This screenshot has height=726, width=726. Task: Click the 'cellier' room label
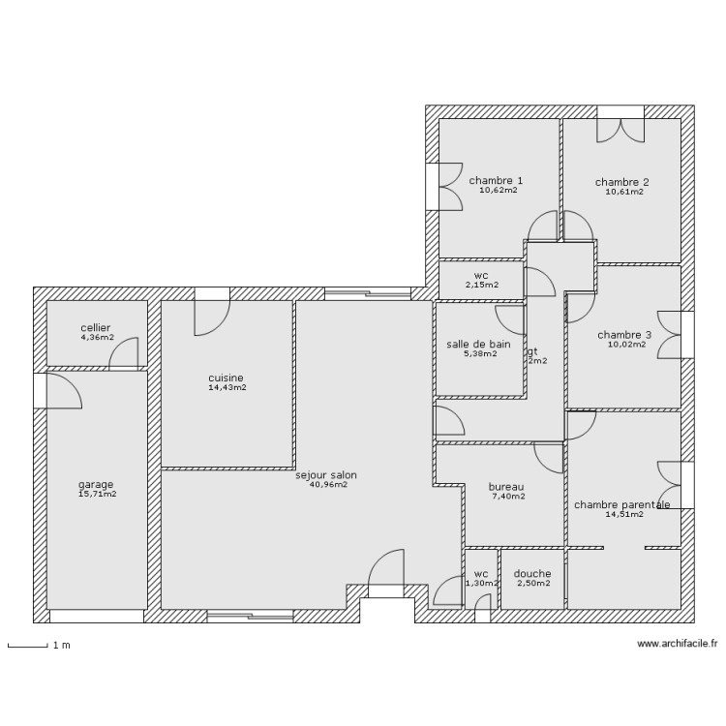(x=96, y=327)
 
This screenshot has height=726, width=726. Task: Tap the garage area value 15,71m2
(x=97, y=495)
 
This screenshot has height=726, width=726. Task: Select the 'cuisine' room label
(x=226, y=378)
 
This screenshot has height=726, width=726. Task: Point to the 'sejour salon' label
(x=326, y=474)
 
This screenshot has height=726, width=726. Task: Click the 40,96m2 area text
(x=327, y=485)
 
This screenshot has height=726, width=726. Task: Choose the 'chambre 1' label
(x=496, y=180)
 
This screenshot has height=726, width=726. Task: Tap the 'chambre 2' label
(x=621, y=181)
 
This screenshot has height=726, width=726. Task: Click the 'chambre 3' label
(x=624, y=335)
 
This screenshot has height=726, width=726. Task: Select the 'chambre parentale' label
(x=621, y=504)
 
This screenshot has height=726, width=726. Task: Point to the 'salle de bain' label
(x=478, y=344)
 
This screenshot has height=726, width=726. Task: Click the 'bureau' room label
(x=506, y=486)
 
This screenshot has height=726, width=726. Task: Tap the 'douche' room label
(x=532, y=573)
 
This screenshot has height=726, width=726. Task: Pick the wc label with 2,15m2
(x=480, y=275)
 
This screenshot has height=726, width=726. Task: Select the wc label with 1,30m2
(x=480, y=573)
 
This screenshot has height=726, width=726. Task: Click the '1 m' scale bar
(x=28, y=645)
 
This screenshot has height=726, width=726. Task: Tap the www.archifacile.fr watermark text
(x=678, y=643)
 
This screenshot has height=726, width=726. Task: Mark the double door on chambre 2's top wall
(x=620, y=126)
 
